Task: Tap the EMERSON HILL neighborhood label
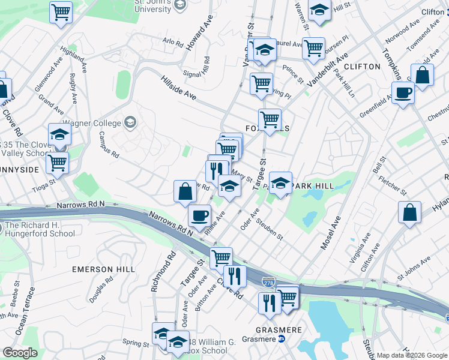pyautogui.click(x=103, y=269)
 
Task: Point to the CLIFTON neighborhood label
pyautogui.click(x=362, y=66)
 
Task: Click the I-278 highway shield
pyautogui.click(x=268, y=281)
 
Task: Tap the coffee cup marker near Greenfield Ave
pyautogui.click(x=403, y=93)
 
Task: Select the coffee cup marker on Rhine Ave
pyautogui.click(x=199, y=214)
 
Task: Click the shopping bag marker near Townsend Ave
pyautogui.click(x=423, y=76)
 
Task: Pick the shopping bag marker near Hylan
pyautogui.click(x=409, y=212)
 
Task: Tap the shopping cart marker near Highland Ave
pyautogui.click(x=61, y=11)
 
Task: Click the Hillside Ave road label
pyautogui.click(x=178, y=87)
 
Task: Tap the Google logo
pyautogui.click(x=20, y=353)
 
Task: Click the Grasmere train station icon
pyautogui.click(x=280, y=339)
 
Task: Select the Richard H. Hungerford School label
pyautogui.click(x=39, y=230)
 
